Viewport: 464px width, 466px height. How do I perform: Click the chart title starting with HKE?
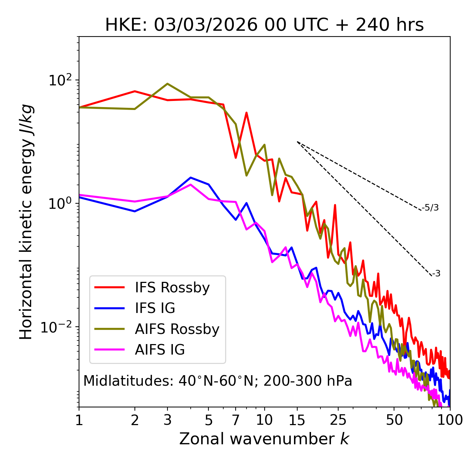tap(264, 25)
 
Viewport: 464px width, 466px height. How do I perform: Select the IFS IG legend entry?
tap(155, 308)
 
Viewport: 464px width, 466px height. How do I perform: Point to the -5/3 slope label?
tap(430, 208)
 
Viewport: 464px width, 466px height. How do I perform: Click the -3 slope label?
tap(436, 274)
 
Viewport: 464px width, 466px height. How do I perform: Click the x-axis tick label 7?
tap(236, 420)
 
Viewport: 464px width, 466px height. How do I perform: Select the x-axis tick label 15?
tap(297, 420)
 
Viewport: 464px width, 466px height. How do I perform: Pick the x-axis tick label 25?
tap(338, 420)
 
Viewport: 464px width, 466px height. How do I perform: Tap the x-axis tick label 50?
tap(394, 420)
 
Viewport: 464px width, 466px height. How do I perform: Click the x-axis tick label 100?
tap(450, 420)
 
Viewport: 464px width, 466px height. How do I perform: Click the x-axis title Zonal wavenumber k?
tap(264, 439)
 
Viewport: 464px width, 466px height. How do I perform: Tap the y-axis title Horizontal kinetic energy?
tap(26, 222)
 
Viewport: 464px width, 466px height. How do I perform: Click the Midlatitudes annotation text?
tap(217, 381)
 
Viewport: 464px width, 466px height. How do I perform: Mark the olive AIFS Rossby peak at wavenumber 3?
tap(167, 84)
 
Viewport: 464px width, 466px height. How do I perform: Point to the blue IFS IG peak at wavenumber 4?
tap(191, 178)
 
